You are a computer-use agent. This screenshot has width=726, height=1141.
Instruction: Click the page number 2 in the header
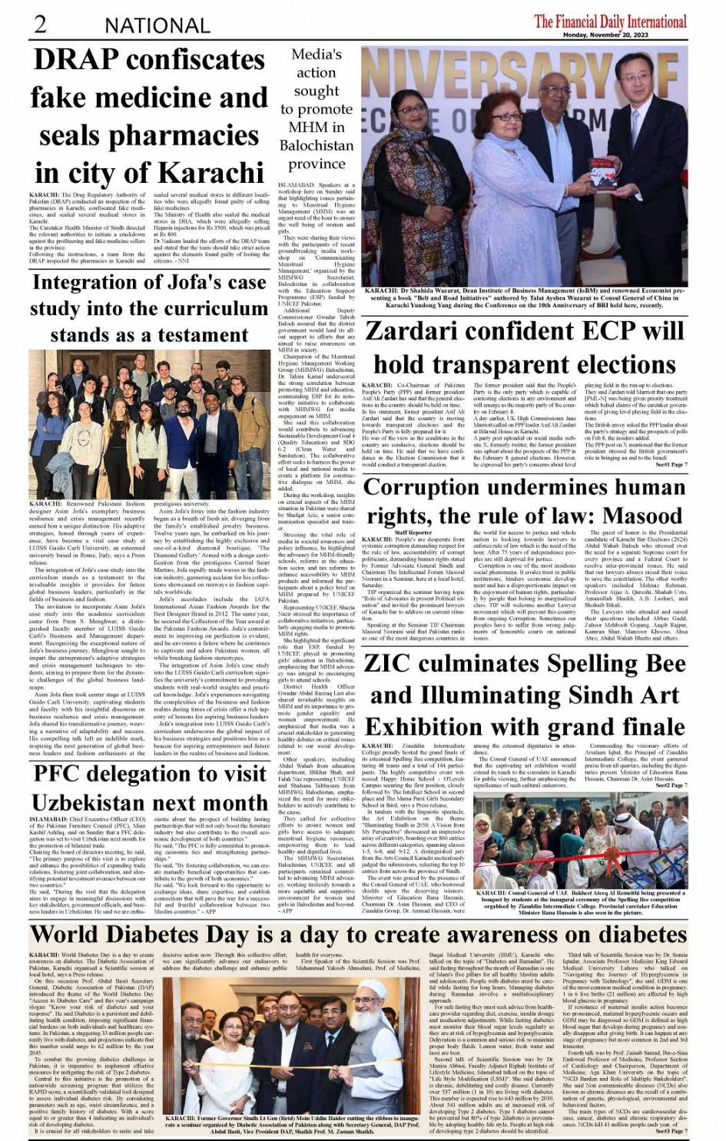(x=39, y=23)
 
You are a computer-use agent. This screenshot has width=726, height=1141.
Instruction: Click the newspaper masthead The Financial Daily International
(x=610, y=21)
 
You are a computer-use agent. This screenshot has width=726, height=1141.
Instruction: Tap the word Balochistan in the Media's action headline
(x=317, y=145)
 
